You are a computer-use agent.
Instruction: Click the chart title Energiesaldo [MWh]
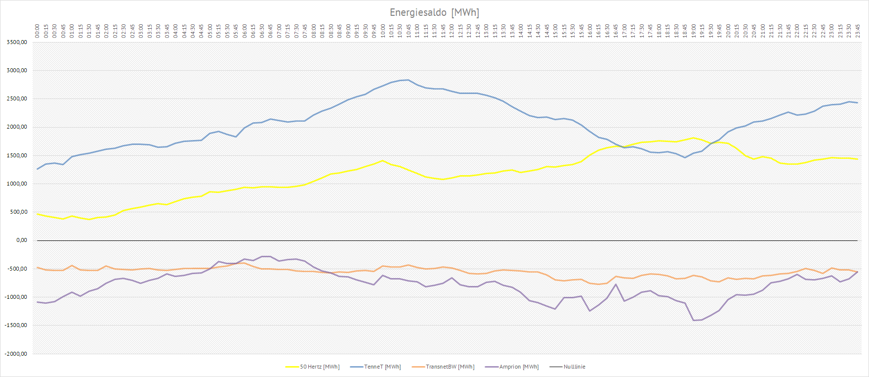434,12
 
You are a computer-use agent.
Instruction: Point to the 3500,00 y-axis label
17,43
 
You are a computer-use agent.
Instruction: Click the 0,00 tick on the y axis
21,240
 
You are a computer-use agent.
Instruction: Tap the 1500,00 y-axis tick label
17,155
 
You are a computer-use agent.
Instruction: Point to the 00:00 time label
38,31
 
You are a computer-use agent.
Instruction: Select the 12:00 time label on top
452,31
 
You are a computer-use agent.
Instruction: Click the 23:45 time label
858,31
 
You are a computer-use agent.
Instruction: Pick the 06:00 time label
245,31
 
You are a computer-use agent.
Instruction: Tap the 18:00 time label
659,31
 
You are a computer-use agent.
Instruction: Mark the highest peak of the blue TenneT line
408,80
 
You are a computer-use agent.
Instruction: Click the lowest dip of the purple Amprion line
694,320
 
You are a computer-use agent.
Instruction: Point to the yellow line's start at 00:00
38,214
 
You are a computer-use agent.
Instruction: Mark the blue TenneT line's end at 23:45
858,103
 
